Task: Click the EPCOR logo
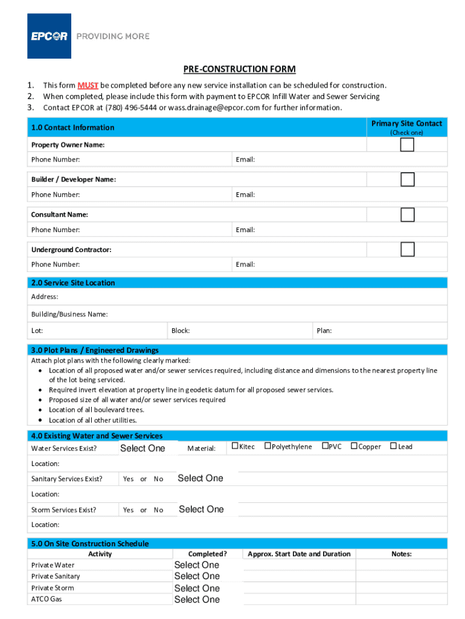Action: pyautogui.click(x=50, y=36)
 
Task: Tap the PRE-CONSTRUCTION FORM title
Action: pyautogui.click(x=240, y=70)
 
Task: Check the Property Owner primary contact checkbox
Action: pyautogui.click(x=408, y=145)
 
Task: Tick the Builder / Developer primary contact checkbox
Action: pyautogui.click(x=408, y=180)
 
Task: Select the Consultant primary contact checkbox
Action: pyautogui.click(x=408, y=215)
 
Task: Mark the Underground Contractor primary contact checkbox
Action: pyautogui.click(x=408, y=249)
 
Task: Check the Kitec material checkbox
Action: pyautogui.click(x=235, y=446)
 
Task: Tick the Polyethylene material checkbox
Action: pyautogui.click(x=268, y=446)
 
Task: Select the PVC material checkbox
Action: pyautogui.click(x=325, y=446)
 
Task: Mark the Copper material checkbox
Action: pyautogui.click(x=354, y=446)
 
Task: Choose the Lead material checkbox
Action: pyautogui.click(x=393, y=446)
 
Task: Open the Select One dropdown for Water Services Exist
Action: pyautogui.click(x=143, y=448)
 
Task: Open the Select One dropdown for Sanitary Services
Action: pyautogui.click(x=200, y=478)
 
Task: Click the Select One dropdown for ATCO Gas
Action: pyautogui.click(x=197, y=600)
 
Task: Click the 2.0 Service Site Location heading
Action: pyautogui.click(x=73, y=283)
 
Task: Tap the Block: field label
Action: pyautogui.click(x=181, y=331)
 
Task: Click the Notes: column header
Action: pyautogui.click(x=401, y=554)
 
